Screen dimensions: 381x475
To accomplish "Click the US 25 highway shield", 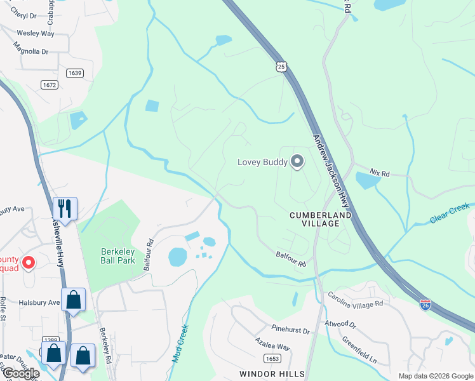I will [x=282, y=67].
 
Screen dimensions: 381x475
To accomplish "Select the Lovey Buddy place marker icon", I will [x=297, y=161].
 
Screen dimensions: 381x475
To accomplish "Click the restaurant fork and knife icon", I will [x=65, y=208].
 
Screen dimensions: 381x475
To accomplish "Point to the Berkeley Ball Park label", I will [x=118, y=256].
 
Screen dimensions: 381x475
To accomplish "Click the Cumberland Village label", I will [x=320, y=220].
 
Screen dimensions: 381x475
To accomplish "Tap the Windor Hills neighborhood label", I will [x=272, y=373].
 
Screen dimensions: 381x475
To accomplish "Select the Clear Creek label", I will [x=449, y=213].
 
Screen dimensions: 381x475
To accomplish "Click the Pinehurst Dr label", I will [x=290, y=331].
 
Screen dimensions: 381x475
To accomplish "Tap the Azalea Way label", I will [x=272, y=347].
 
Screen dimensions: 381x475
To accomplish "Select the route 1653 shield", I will [x=272, y=359].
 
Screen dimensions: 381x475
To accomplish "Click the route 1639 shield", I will [x=75, y=73].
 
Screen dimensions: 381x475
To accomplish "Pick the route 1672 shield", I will [x=49, y=84].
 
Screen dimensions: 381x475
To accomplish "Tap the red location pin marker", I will [x=28, y=262].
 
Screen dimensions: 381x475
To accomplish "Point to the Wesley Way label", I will [x=36, y=33].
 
